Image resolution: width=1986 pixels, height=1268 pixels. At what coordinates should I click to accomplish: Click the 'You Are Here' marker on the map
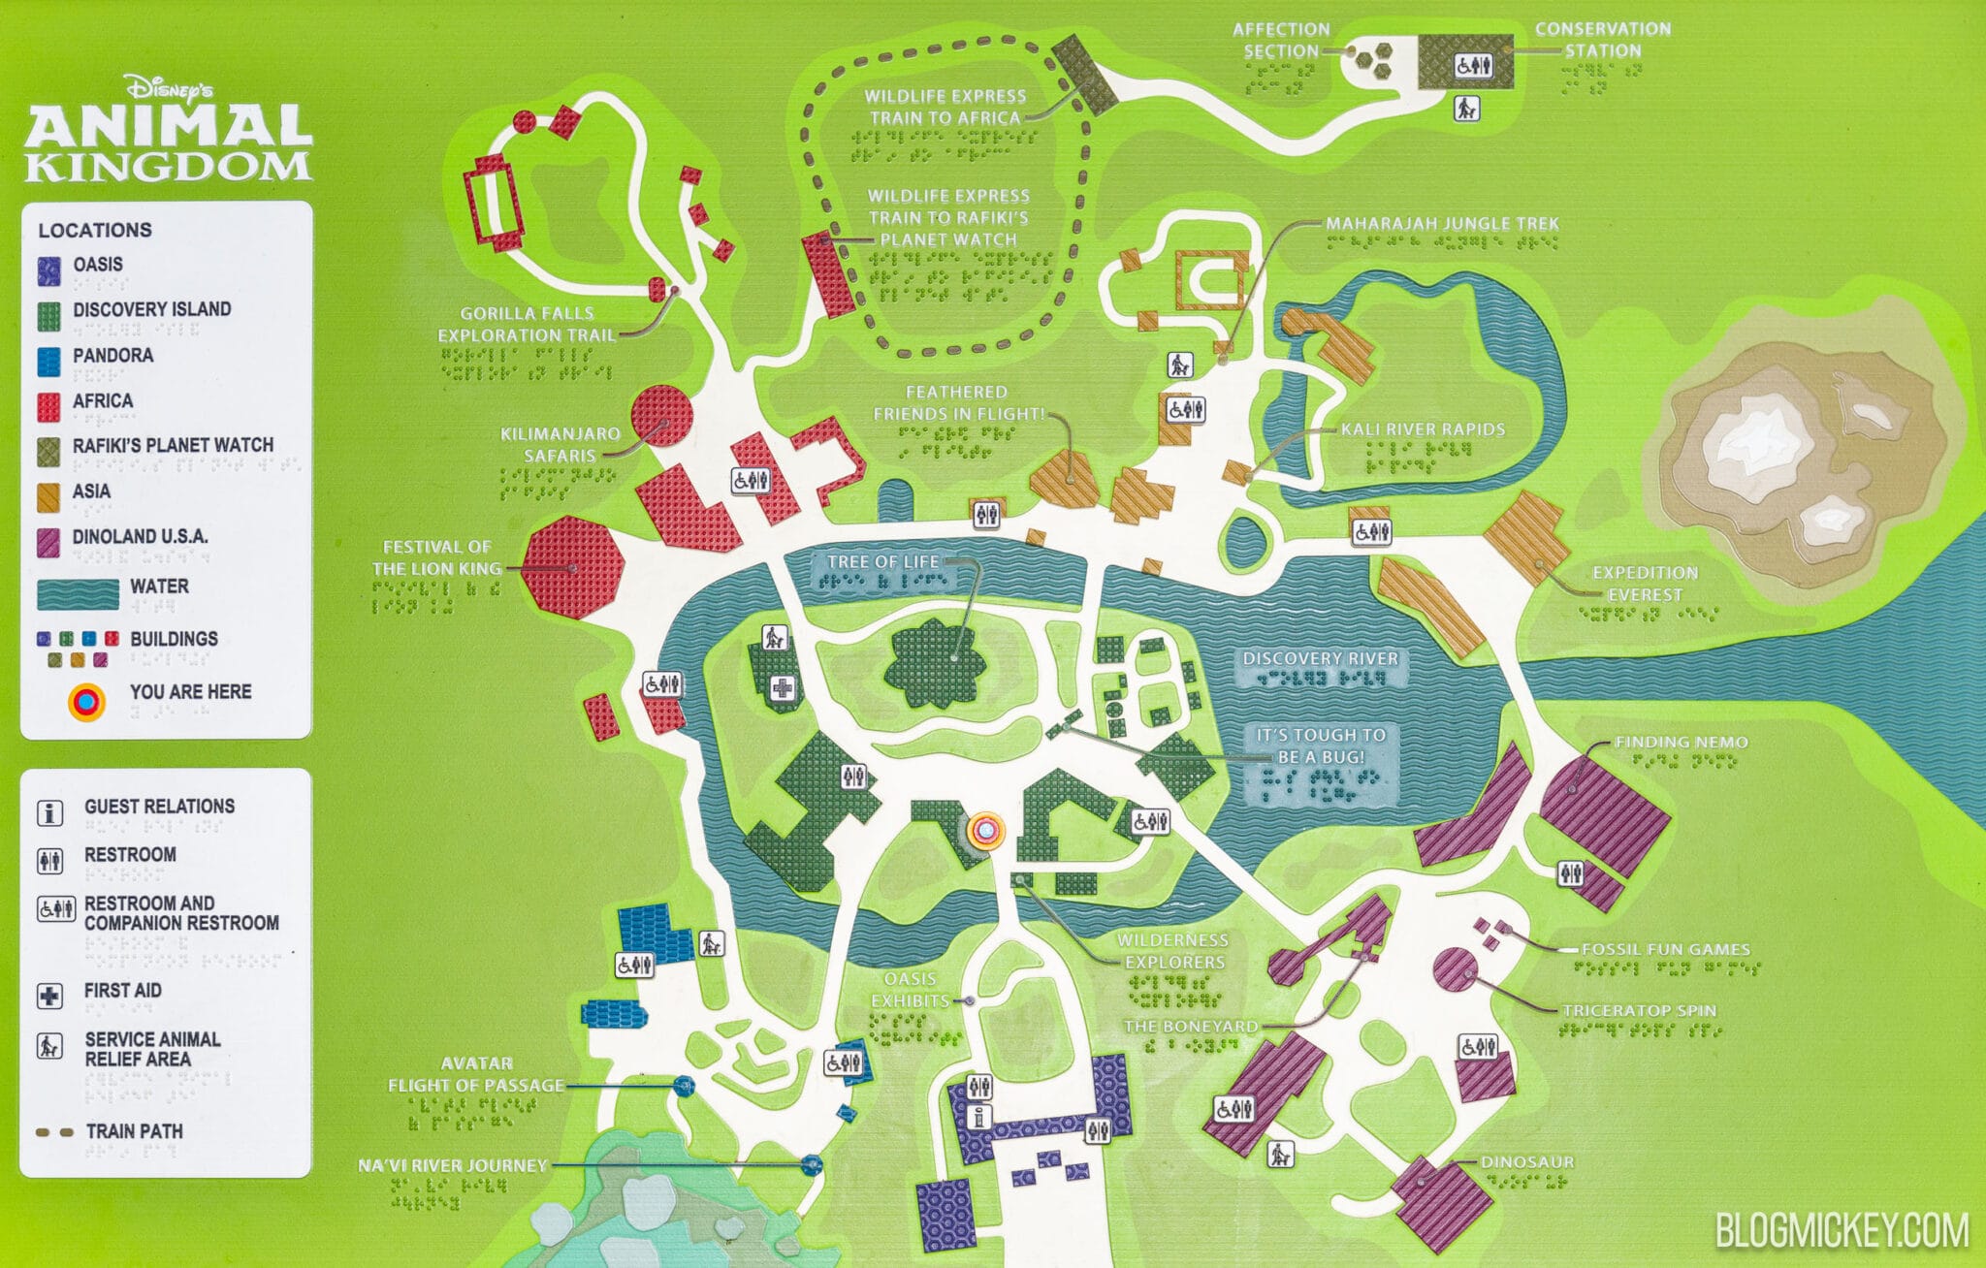click(984, 831)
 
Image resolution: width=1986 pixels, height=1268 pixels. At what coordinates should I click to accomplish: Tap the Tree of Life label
click(882, 562)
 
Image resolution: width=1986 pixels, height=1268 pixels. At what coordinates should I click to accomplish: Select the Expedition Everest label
click(1645, 584)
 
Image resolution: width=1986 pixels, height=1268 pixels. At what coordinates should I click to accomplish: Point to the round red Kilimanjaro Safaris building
click(662, 416)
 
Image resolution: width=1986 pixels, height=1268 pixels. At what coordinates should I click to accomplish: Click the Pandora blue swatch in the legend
click(49, 361)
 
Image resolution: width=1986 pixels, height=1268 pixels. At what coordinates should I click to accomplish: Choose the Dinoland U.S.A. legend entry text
click(140, 537)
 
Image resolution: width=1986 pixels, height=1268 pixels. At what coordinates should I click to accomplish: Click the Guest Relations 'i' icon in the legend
click(49, 812)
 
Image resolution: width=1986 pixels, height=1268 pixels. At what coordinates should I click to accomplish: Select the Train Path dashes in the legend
click(54, 1132)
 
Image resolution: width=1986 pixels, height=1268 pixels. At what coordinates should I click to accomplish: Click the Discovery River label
click(1321, 659)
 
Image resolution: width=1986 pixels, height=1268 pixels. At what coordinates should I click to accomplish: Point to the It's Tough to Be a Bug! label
click(1321, 745)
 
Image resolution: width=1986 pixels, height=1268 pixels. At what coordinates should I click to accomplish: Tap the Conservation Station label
click(1602, 40)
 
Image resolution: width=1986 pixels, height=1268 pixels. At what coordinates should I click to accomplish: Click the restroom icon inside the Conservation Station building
click(1473, 66)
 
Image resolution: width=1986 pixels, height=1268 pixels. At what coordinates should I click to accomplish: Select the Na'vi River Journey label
click(452, 1166)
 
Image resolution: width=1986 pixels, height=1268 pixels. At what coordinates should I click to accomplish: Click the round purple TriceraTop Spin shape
click(1454, 969)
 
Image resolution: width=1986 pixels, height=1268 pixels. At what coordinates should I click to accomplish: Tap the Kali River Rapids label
click(1423, 429)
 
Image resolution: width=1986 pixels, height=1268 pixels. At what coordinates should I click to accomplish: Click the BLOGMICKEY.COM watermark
click(1842, 1231)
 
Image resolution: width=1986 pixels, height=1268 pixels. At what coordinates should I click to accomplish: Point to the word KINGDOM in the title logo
click(168, 167)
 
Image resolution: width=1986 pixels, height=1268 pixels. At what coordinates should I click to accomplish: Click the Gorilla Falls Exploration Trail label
click(527, 325)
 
